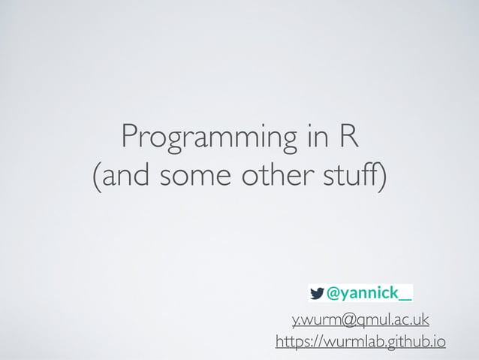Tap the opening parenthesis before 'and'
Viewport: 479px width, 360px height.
(95, 180)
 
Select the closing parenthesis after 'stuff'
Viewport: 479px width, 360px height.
(384, 180)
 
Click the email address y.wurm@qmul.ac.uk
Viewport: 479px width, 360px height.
(360, 320)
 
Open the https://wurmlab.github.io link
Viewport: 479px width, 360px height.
(360, 343)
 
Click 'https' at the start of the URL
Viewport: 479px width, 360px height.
(293, 343)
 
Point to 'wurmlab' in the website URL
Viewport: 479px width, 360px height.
(352, 343)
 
